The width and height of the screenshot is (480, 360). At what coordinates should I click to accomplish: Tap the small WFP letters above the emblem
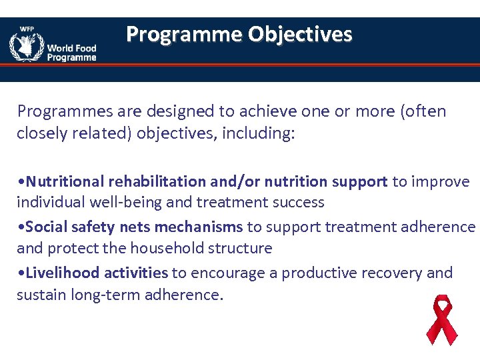point(26,29)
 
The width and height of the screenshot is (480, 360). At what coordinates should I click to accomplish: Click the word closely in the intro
point(41,133)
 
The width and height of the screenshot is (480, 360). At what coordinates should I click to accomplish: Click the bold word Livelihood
point(59,273)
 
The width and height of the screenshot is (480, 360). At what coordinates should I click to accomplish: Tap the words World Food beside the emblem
point(71,48)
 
